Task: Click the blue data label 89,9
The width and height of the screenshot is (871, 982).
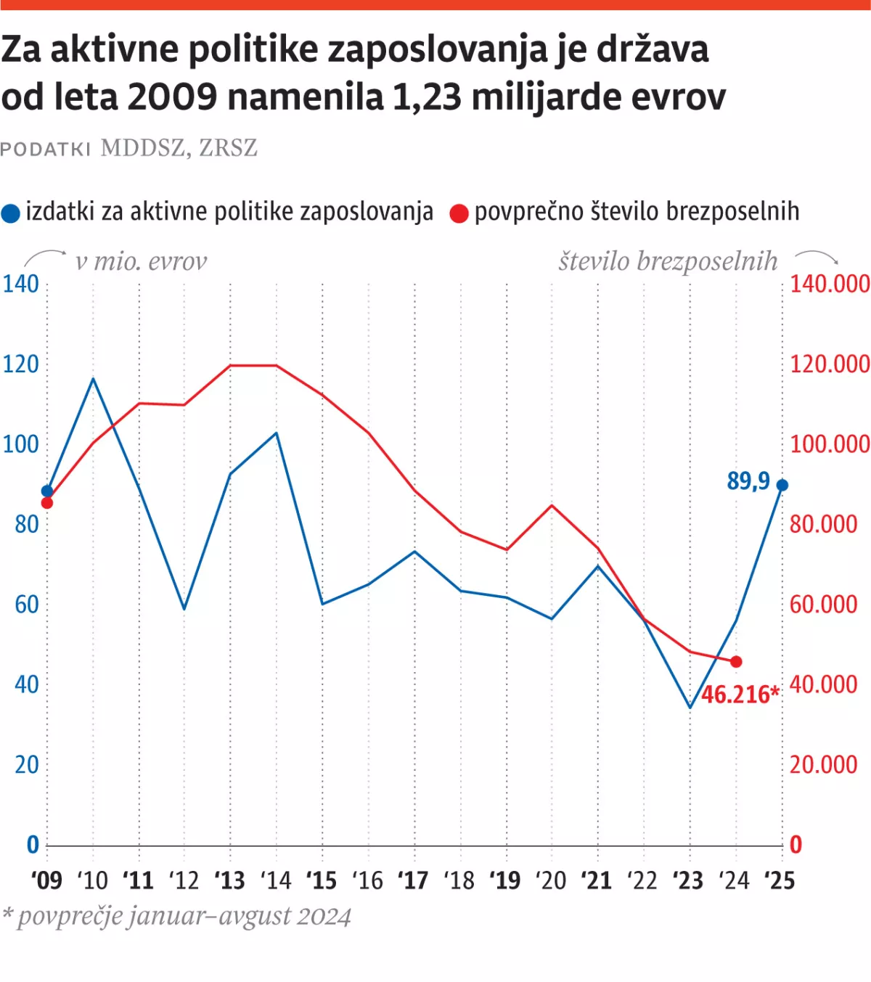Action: click(x=748, y=481)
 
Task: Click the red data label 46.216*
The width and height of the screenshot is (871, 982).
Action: click(x=740, y=695)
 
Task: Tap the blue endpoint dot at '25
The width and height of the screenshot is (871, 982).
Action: click(x=782, y=486)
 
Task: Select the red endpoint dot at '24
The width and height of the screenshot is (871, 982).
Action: click(x=736, y=662)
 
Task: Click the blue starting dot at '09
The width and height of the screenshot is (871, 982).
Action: click(x=47, y=491)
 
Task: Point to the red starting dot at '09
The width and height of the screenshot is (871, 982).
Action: click(x=47, y=503)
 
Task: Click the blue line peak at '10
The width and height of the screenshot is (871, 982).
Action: click(x=94, y=379)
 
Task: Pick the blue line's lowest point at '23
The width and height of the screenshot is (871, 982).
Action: click(x=690, y=707)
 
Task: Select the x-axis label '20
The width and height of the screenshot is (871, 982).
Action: click(x=551, y=881)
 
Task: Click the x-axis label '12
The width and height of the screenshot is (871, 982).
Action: click(x=184, y=881)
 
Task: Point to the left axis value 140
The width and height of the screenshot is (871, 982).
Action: click(x=20, y=284)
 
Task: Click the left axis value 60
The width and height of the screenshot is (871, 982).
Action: click(x=26, y=605)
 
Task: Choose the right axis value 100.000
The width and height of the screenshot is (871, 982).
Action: click(x=829, y=444)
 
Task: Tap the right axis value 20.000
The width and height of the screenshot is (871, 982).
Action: click(x=823, y=765)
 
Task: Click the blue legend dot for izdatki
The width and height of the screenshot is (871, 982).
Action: click(x=11, y=213)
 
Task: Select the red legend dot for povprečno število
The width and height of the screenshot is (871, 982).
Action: click(x=459, y=213)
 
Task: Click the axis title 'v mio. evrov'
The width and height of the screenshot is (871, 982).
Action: click(x=141, y=261)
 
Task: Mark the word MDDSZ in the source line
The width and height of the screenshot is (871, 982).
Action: click(x=143, y=148)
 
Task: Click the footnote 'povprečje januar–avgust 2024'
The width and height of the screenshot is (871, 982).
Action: click(x=184, y=917)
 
